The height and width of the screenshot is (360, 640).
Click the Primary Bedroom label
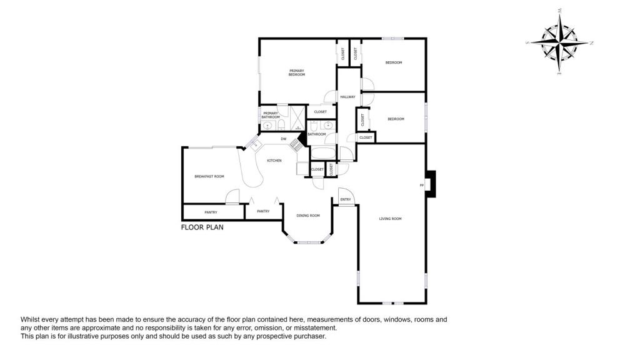(x=296, y=72)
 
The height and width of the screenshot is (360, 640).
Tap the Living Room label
(x=390, y=219)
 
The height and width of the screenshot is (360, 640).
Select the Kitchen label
(x=274, y=161)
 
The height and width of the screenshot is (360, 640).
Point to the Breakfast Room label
(x=209, y=176)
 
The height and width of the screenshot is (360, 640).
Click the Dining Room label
(x=308, y=216)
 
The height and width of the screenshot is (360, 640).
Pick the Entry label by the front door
(x=345, y=200)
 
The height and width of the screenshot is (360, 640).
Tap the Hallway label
(x=347, y=97)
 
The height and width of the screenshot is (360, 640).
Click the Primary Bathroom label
(x=271, y=115)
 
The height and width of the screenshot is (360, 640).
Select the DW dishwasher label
(x=283, y=139)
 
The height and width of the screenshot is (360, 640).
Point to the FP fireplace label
(x=421, y=185)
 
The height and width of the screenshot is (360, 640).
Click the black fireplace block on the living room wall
(x=430, y=184)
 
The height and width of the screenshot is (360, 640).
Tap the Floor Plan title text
(x=202, y=227)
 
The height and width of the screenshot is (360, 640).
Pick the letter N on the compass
(x=591, y=43)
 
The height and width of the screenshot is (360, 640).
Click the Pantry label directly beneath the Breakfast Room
(x=211, y=212)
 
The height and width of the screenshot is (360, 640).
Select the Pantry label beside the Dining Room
(x=263, y=211)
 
